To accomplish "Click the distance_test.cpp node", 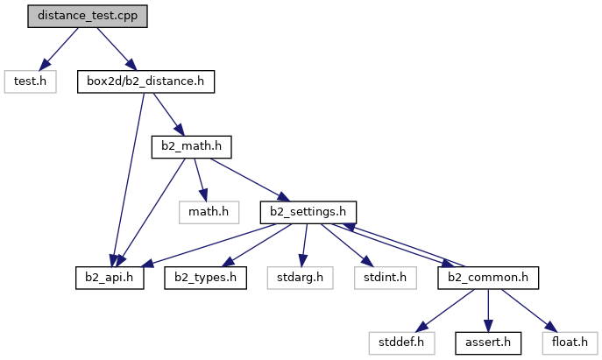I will (88, 16).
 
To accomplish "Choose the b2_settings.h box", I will (308, 213).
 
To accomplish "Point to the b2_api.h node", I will (110, 279).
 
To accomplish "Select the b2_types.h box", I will (206, 279).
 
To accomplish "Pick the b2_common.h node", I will (486, 279).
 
